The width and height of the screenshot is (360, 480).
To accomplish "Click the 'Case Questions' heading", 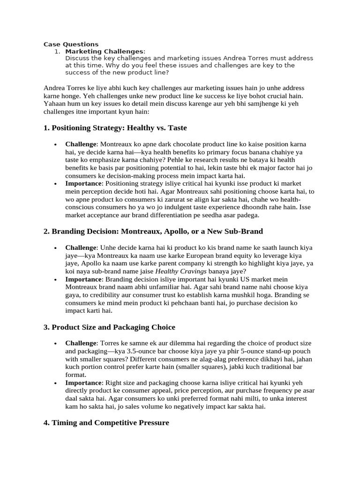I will coord(71,45).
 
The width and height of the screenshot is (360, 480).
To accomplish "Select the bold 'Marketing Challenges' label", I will coord(104,51).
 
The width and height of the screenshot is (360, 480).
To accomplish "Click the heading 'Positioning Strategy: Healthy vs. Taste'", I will coord(115,127).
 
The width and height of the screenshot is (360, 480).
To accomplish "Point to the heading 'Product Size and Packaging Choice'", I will coord(109,327).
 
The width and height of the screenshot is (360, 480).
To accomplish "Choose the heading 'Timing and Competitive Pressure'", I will coord(106,423).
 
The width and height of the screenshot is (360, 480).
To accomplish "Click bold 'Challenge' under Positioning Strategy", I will coord(81,144).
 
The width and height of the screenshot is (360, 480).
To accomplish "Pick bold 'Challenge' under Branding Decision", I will coord(81,247).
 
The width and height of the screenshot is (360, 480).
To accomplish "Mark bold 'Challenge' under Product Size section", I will coord(81,344).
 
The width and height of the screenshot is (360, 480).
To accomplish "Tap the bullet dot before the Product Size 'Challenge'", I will coord(56,344).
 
